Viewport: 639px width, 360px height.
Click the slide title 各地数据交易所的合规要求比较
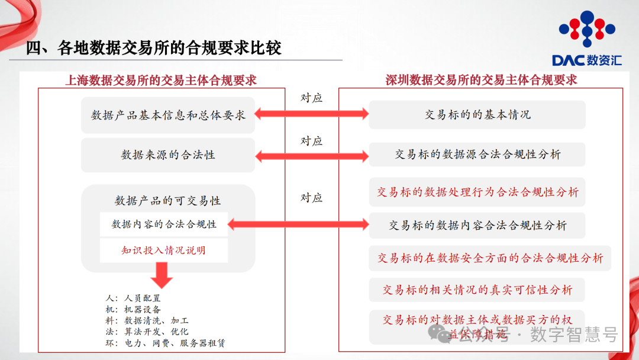(x=153, y=48)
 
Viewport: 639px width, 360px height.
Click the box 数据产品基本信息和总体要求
(x=168, y=115)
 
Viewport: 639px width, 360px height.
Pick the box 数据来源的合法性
(x=168, y=155)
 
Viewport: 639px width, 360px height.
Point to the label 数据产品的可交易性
(x=168, y=201)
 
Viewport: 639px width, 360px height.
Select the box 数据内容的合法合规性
(x=164, y=224)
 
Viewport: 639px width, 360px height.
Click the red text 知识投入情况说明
(x=164, y=250)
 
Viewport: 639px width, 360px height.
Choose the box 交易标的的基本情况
(x=477, y=115)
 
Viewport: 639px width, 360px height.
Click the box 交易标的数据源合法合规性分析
(x=477, y=155)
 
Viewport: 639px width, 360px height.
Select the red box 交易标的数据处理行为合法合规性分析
(x=477, y=192)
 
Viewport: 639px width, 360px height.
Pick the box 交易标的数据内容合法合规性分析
(x=477, y=225)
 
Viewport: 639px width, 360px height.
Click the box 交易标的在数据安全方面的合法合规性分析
(x=490, y=258)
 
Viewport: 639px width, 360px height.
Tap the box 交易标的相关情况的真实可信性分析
(x=477, y=290)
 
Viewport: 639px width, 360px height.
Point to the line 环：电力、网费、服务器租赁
(x=164, y=343)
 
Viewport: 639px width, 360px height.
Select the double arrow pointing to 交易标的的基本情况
(x=311, y=114)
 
